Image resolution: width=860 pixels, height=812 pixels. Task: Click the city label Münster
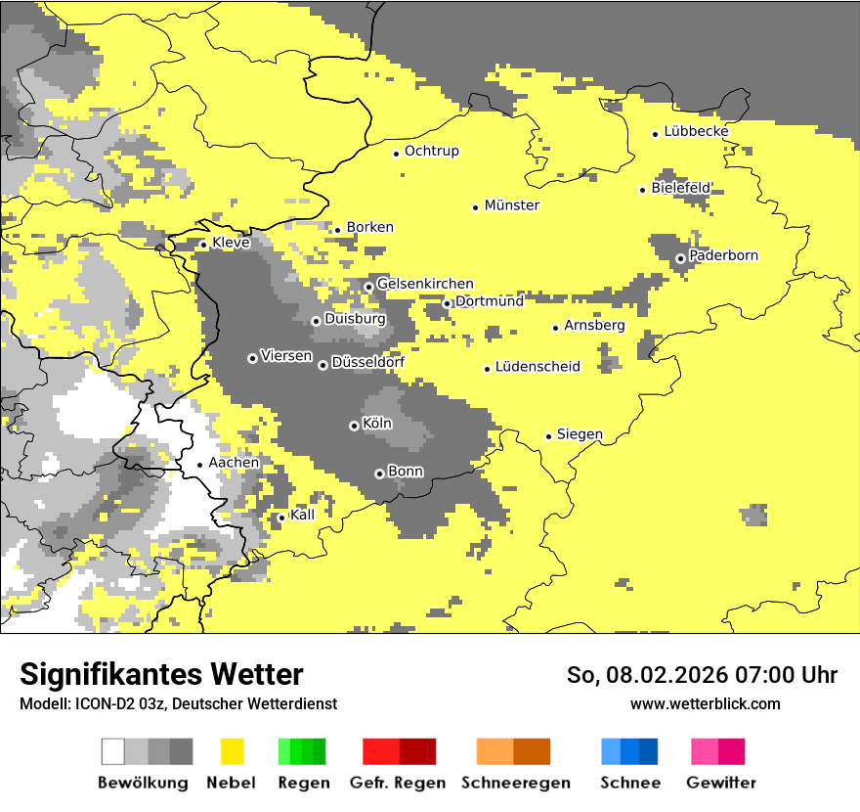(512, 205)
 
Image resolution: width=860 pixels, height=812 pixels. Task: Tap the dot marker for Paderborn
(680, 258)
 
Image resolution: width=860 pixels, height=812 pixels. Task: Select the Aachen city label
(235, 463)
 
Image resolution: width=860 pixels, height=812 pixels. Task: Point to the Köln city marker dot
(354, 426)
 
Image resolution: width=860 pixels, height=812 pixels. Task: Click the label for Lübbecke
(696, 131)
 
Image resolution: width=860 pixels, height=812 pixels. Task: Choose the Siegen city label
(580, 434)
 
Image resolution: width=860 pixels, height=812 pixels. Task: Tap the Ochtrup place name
(432, 151)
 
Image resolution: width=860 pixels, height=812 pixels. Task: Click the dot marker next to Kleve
(203, 245)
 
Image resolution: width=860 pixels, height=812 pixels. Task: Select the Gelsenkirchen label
(425, 284)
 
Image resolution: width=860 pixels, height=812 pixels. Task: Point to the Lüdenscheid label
(537, 367)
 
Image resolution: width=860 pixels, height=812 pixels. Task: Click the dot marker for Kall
(281, 518)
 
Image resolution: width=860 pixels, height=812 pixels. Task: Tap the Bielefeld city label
(681, 188)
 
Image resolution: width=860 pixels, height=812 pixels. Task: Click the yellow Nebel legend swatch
(233, 751)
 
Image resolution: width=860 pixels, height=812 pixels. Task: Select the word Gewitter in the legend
(721, 783)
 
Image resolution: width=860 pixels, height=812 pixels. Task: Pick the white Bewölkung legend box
(113, 751)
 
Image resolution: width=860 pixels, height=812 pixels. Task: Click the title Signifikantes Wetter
(161, 675)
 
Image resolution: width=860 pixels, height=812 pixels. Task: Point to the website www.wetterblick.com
(705, 703)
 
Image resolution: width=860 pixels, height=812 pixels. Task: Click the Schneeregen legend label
(515, 783)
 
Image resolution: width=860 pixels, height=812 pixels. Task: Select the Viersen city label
(286, 356)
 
